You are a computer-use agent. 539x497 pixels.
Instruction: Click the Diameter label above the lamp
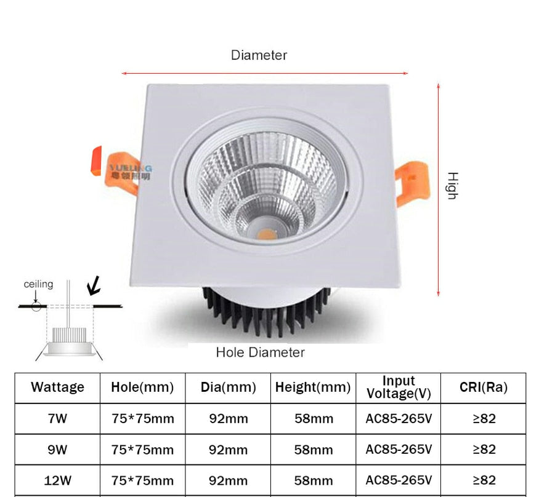click(x=259, y=55)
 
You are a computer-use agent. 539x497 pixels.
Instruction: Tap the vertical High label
click(x=452, y=185)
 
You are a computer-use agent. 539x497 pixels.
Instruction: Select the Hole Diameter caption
click(x=260, y=352)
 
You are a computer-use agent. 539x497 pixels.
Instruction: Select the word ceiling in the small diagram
click(x=38, y=284)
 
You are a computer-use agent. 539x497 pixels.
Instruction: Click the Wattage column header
click(x=57, y=388)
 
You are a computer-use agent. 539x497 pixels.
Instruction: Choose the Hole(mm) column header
click(x=142, y=388)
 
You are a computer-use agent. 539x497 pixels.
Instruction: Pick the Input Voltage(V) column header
click(x=399, y=388)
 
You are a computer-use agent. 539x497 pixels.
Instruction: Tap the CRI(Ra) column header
click(x=484, y=388)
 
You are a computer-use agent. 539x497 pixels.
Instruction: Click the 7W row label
click(x=57, y=419)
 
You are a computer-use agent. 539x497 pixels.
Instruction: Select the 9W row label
click(x=57, y=450)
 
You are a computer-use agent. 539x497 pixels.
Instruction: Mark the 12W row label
click(x=57, y=480)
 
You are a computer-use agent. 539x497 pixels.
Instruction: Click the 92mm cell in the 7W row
click(x=228, y=419)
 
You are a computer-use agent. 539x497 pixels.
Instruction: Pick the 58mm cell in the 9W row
click(x=314, y=450)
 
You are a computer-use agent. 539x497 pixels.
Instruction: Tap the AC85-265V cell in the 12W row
click(x=399, y=480)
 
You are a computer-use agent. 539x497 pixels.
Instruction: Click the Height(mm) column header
click(x=313, y=388)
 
